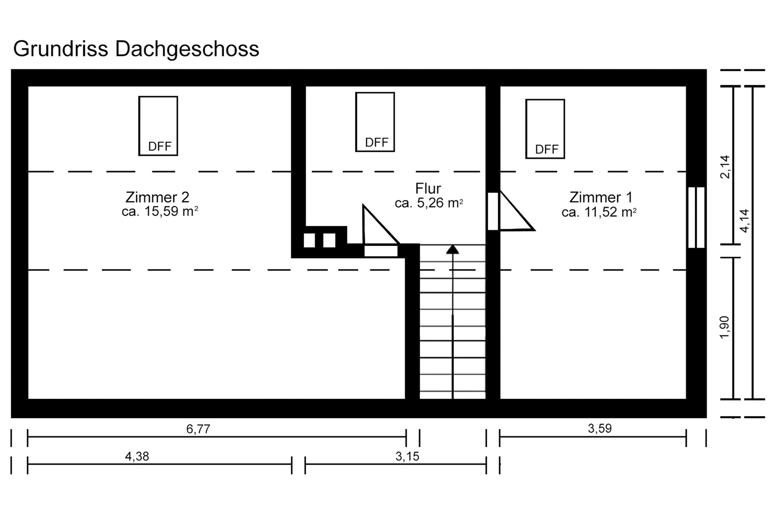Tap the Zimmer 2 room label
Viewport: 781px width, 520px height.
tap(157, 197)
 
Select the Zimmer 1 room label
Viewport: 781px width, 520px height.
tap(601, 197)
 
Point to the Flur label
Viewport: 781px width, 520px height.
tap(428, 188)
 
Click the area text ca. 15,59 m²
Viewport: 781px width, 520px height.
tap(160, 211)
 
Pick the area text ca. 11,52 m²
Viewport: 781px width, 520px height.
tap(599, 212)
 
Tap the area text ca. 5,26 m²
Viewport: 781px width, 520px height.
tap(429, 203)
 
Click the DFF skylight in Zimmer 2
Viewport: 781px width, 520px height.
tap(158, 126)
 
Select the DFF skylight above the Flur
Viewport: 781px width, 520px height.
tap(375, 122)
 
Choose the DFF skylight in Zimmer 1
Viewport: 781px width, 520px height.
tap(545, 129)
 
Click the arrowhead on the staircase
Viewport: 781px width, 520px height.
tap(452, 250)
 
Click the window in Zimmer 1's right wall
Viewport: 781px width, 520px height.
tap(696, 218)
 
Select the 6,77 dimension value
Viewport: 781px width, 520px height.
tap(198, 429)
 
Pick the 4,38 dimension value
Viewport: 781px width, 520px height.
tap(137, 456)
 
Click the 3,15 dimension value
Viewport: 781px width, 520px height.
tap(407, 456)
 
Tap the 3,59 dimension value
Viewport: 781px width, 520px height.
tap(600, 428)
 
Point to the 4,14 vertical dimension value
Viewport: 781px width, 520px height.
tap(744, 220)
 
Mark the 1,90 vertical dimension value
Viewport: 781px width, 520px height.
tap(725, 327)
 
